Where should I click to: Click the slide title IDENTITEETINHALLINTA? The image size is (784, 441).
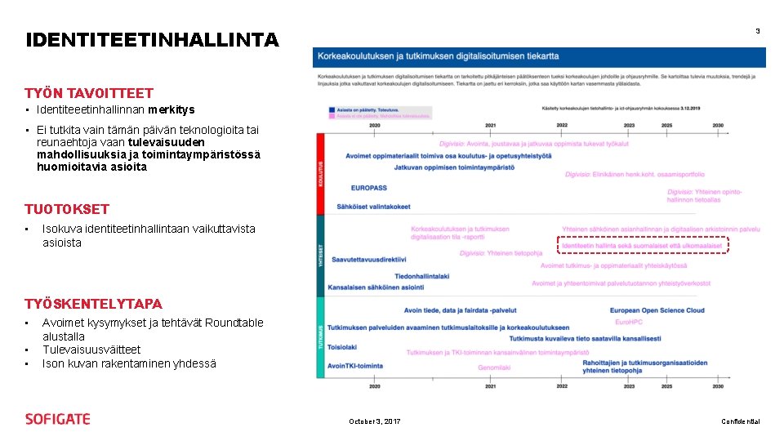[x=152, y=39]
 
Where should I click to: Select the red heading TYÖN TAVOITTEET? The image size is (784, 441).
[x=89, y=93]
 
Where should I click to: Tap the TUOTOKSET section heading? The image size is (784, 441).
[x=67, y=208]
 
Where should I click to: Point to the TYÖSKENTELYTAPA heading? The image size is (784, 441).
[x=94, y=304]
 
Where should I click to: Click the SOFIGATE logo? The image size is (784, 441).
[x=58, y=419]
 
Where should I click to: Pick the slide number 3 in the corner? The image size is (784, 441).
[x=757, y=31]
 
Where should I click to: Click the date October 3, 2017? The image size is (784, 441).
[x=375, y=421]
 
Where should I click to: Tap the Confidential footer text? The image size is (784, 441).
[x=740, y=421]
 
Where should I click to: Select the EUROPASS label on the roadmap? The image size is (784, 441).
[x=368, y=188]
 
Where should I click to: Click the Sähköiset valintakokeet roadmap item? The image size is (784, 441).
[x=374, y=207]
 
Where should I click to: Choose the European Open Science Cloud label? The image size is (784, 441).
[x=657, y=310]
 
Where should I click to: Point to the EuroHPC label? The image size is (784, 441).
[x=629, y=323]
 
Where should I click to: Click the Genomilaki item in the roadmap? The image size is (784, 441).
[x=494, y=367]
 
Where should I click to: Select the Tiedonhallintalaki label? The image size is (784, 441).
[x=421, y=276]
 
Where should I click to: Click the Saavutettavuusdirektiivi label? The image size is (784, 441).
[x=367, y=259]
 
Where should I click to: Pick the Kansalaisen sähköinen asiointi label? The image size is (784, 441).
[x=375, y=287]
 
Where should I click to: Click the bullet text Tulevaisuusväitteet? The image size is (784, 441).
[x=91, y=350]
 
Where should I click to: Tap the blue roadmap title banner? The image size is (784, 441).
[x=540, y=56]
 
